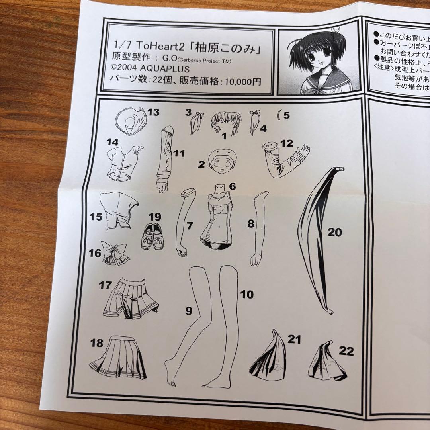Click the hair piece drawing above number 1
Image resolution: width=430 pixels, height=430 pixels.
[226, 121]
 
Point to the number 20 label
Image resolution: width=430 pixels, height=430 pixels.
[334, 232]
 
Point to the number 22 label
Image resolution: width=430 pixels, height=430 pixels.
[346, 351]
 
